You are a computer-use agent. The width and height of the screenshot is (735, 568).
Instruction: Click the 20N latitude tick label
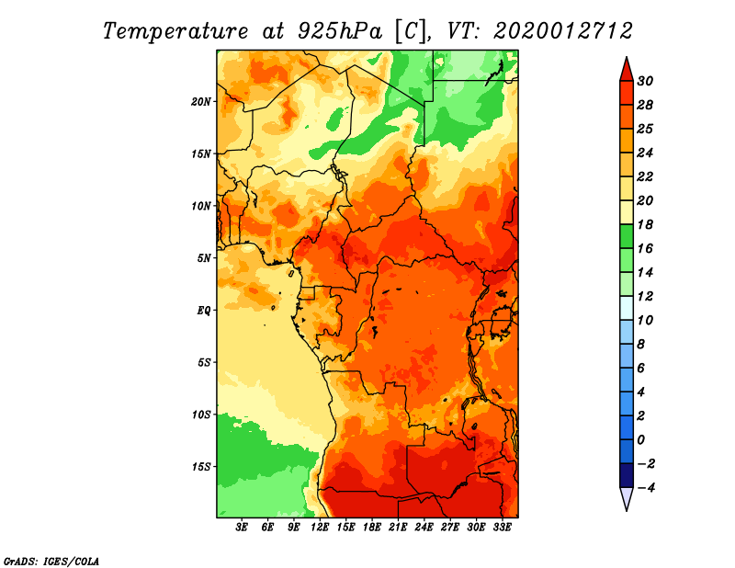201,102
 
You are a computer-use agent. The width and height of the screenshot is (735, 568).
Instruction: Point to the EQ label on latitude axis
204,311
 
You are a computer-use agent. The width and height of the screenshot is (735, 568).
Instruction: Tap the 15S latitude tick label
201,467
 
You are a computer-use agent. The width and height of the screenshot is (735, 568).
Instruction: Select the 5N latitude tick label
204,258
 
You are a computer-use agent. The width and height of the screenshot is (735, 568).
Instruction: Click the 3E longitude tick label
242,528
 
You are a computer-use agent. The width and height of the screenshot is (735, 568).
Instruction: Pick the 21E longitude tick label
398,528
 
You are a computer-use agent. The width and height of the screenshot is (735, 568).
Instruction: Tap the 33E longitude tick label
502,528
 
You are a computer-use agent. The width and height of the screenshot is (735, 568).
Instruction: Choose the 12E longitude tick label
319,528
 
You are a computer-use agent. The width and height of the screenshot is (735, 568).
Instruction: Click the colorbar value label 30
645,81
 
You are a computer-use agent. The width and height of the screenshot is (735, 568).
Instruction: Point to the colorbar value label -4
647,488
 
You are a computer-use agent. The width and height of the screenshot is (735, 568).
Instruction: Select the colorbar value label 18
645,224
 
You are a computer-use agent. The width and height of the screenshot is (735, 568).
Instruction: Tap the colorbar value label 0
641,440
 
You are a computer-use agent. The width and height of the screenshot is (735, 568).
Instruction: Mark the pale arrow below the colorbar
627,498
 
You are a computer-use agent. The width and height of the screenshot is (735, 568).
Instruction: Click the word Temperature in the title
175,31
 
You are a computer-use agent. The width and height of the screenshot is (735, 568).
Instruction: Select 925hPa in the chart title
340,31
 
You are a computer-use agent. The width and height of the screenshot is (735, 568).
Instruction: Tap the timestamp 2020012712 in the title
562,31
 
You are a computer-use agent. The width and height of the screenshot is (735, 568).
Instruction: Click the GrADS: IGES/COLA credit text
51,562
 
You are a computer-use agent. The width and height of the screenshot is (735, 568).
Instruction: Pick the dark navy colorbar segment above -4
627,475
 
